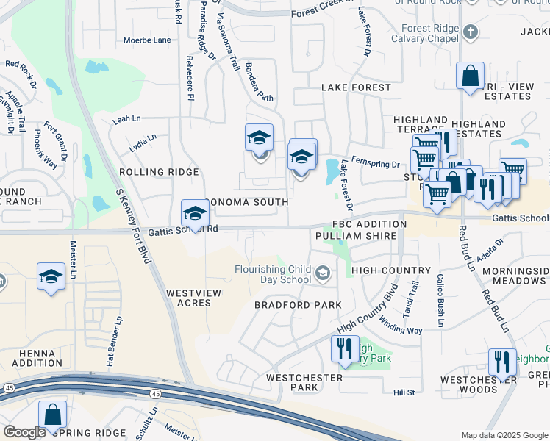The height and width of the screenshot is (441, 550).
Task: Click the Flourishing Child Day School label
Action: pyautogui.click(x=272, y=274)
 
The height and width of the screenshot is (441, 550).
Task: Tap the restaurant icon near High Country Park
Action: pyautogui.click(x=345, y=349)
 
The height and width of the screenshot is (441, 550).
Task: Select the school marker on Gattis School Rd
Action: pyautogui.click(x=195, y=214)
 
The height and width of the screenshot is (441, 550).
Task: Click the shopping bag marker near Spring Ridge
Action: pyautogui.click(x=52, y=416)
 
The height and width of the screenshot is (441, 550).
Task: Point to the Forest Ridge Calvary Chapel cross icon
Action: pyautogui.click(x=471, y=32)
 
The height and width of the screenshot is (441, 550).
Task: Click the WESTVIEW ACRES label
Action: pyautogui.click(x=193, y=298)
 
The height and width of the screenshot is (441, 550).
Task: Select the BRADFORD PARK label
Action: pyautogui.click(x=298, y=304)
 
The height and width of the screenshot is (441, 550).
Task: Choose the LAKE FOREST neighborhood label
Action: pyautogui.click(x=357, y=87)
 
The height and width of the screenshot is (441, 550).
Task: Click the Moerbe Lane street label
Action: pyautogui.click(x=147, y=40)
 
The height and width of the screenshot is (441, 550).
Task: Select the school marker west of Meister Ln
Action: pyautogui.click(x=51, y=278)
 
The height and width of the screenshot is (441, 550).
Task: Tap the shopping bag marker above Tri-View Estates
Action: pyautogui.click(x=470, y=76)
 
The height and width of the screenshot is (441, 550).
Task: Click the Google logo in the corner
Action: pyautogui.click(x=24, y=431)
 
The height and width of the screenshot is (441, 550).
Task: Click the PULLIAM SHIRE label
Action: pyautogui.click(x=356, y=236)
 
